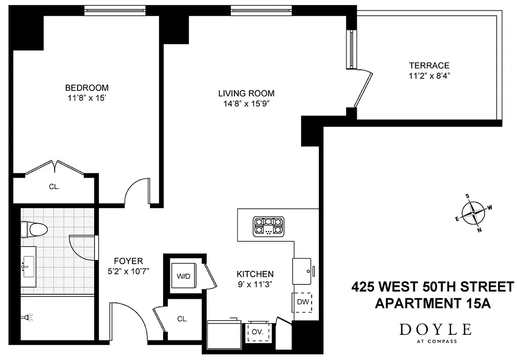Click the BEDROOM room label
87,88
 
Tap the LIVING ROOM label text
246,94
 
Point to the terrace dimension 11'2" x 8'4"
429,76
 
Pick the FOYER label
128,261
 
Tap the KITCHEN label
255,274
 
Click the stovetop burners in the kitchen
268,226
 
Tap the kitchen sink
302,271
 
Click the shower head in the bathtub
27,318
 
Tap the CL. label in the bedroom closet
54,186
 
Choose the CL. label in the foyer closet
182,319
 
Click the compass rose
473,213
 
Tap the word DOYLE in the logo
435,330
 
